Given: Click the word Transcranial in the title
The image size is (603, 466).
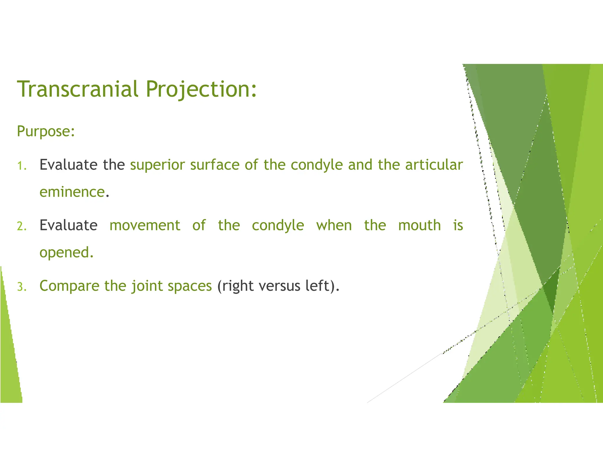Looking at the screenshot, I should (x=77, y=89).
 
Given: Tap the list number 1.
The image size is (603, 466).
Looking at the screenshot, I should (x=22, y=166).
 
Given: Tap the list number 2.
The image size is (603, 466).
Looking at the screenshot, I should (x=22, y=226).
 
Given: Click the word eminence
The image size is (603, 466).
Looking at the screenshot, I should (x=72, y=192).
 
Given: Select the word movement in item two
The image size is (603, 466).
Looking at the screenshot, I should (x=145, y=225).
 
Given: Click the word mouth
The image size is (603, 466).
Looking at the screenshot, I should (x=419, y=225).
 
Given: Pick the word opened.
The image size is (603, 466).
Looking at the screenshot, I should (x=66, y=253).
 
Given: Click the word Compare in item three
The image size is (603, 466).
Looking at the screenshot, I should (x=69, y=286).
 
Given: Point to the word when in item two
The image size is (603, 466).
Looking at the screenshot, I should (x=334, y=225).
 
